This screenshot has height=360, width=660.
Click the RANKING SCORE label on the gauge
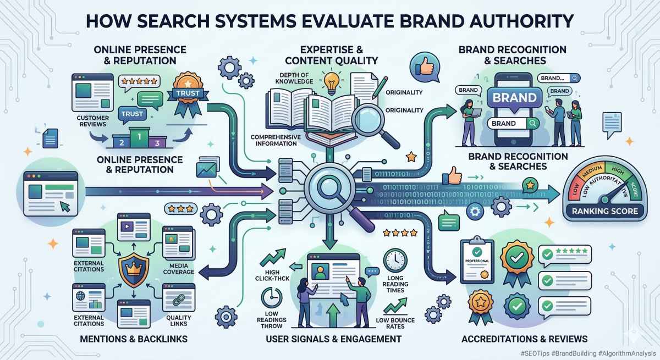click(x=604, y=211)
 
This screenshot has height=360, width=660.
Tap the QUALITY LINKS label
click(x=178, y=321)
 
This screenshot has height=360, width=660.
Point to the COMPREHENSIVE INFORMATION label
click(x=274, y=140)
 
